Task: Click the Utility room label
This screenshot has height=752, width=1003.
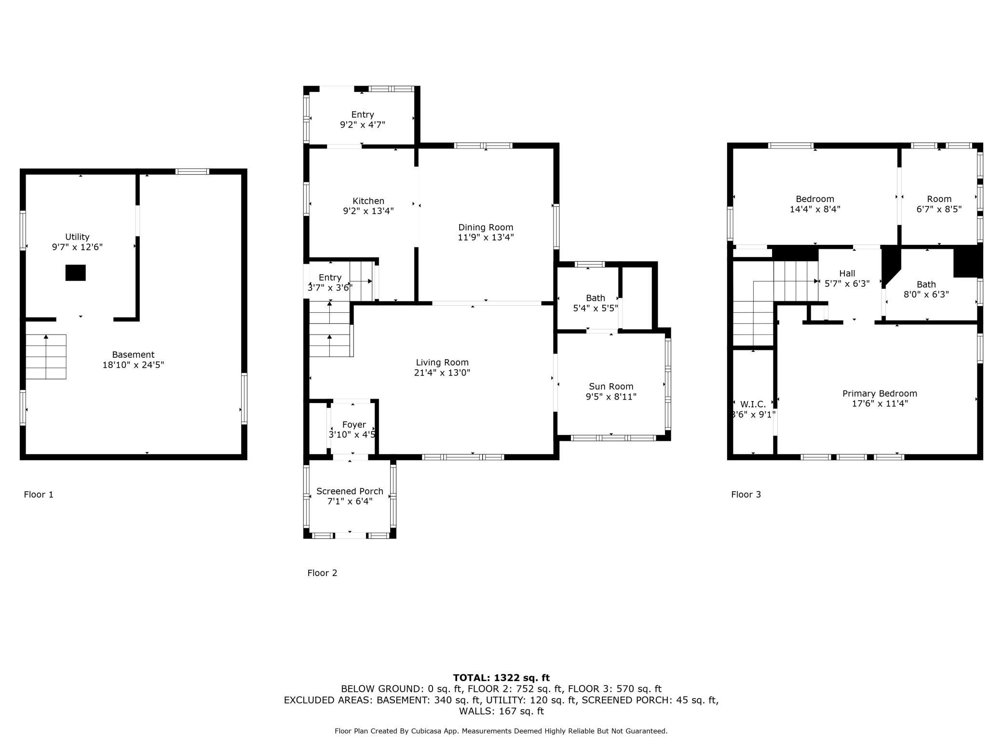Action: click(x=77, y=237)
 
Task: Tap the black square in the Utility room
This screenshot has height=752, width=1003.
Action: click(x=76, y=273)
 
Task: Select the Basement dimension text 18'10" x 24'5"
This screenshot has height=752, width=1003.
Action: click(x=133, y=365)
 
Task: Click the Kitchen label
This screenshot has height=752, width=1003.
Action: click(x=368, y=201)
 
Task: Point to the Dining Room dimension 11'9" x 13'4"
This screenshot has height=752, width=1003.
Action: click(x=486, y=237)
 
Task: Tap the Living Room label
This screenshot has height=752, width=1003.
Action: click(x=442, y=363)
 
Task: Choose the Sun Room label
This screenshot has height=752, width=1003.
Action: click(x=611, y=387)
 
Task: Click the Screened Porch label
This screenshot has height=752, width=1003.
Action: click(x=350, y=491)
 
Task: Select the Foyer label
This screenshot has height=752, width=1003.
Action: click(x=354, y=425)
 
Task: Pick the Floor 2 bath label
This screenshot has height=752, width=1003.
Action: click(x=596, y=298)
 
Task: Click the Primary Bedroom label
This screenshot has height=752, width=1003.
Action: click(x=880, y=393)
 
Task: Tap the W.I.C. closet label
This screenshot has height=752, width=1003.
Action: click(x=753, y=404)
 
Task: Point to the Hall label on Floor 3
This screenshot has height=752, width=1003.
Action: click(x=847, y=273)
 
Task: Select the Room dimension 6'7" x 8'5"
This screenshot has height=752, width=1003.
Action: click(x=939, y=209)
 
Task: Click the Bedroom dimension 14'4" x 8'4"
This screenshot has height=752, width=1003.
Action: click(x=815, y=209)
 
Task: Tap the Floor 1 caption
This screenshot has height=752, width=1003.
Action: click(x=39, y=495)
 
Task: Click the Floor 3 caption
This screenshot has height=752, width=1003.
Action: click(x=746, y=495)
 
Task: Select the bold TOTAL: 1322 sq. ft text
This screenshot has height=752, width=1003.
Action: click(x=501, y=678)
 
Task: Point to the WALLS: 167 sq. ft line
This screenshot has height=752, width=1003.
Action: click(x=501, y=711)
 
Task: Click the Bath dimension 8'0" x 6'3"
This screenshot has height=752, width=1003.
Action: click(x=926, y=295)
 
